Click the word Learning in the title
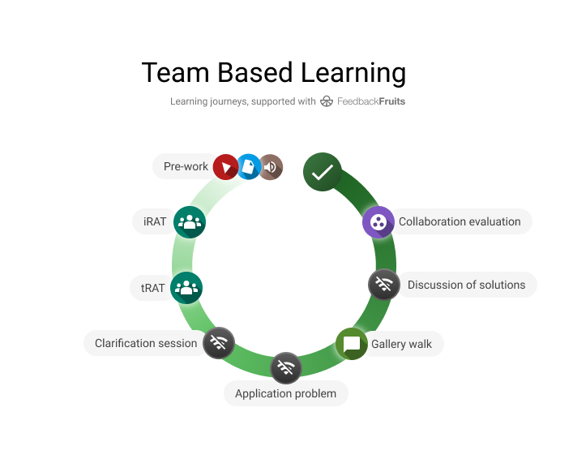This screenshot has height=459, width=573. (x=353, y=73)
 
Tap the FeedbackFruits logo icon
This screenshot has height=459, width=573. (x=327, y=101)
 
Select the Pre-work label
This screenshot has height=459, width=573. (x=186, y=166)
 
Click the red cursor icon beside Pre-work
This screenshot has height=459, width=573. (x=226, y=167)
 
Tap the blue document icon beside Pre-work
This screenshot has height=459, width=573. (x=249, y=167)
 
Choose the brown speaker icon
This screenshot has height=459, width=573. (x=271, y=167)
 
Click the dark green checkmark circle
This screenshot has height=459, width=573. (x=323, y=172)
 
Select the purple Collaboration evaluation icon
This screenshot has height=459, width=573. (x=378, y=221)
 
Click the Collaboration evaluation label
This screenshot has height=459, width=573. (x=460, y=221)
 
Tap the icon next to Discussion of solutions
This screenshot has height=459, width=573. (x=384, y=285)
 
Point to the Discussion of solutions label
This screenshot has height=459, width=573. (x=466, y=285)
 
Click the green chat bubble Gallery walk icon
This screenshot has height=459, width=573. (x=352, y=344)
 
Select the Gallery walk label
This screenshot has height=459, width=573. (x=401, y=344)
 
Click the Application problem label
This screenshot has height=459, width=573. (x=285, y=393)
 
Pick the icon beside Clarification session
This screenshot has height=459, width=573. (x=218, y=342)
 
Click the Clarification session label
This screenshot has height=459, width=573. (x=146, y=343)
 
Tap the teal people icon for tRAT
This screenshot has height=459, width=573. (x=186, y=287)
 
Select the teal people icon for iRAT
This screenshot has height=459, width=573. (x=190, y=221)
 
